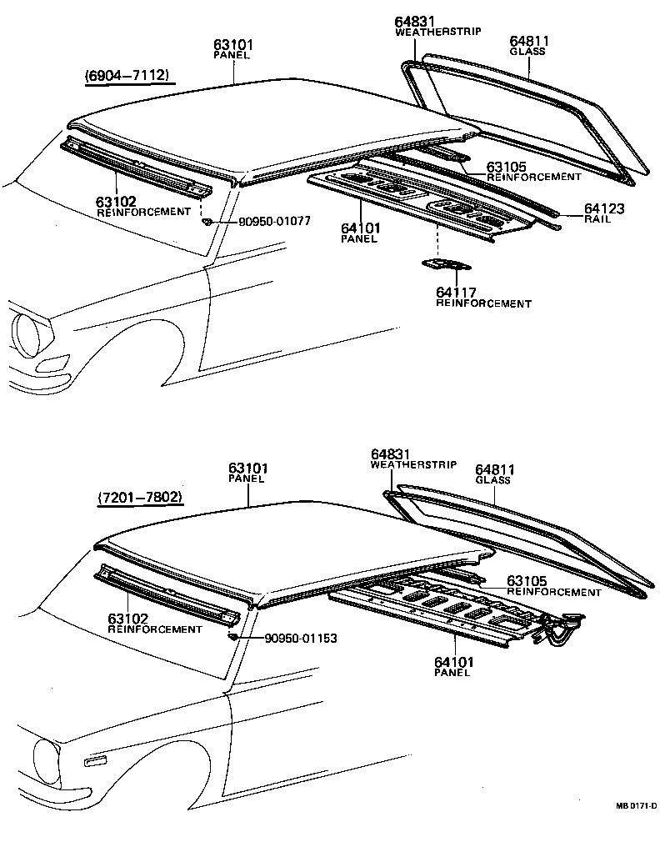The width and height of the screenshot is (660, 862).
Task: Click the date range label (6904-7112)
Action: [128, 76]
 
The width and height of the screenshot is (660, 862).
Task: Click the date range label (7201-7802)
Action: [140, 498]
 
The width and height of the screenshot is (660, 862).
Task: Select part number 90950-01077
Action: [274, 222]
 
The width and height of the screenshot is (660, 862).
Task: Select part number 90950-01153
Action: [301, 639]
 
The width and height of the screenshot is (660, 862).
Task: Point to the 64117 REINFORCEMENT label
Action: [482, 298]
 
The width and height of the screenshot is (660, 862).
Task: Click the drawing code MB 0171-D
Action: [636, 805]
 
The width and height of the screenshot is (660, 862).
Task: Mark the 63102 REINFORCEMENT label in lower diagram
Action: [154, 624]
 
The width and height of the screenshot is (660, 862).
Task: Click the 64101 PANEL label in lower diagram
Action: [453, 667]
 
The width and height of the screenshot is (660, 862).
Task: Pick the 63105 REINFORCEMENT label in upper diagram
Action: [533, 172]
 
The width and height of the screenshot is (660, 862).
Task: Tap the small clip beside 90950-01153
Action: [233, 637]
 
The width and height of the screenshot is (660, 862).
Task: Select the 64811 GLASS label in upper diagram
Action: [527, 45]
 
